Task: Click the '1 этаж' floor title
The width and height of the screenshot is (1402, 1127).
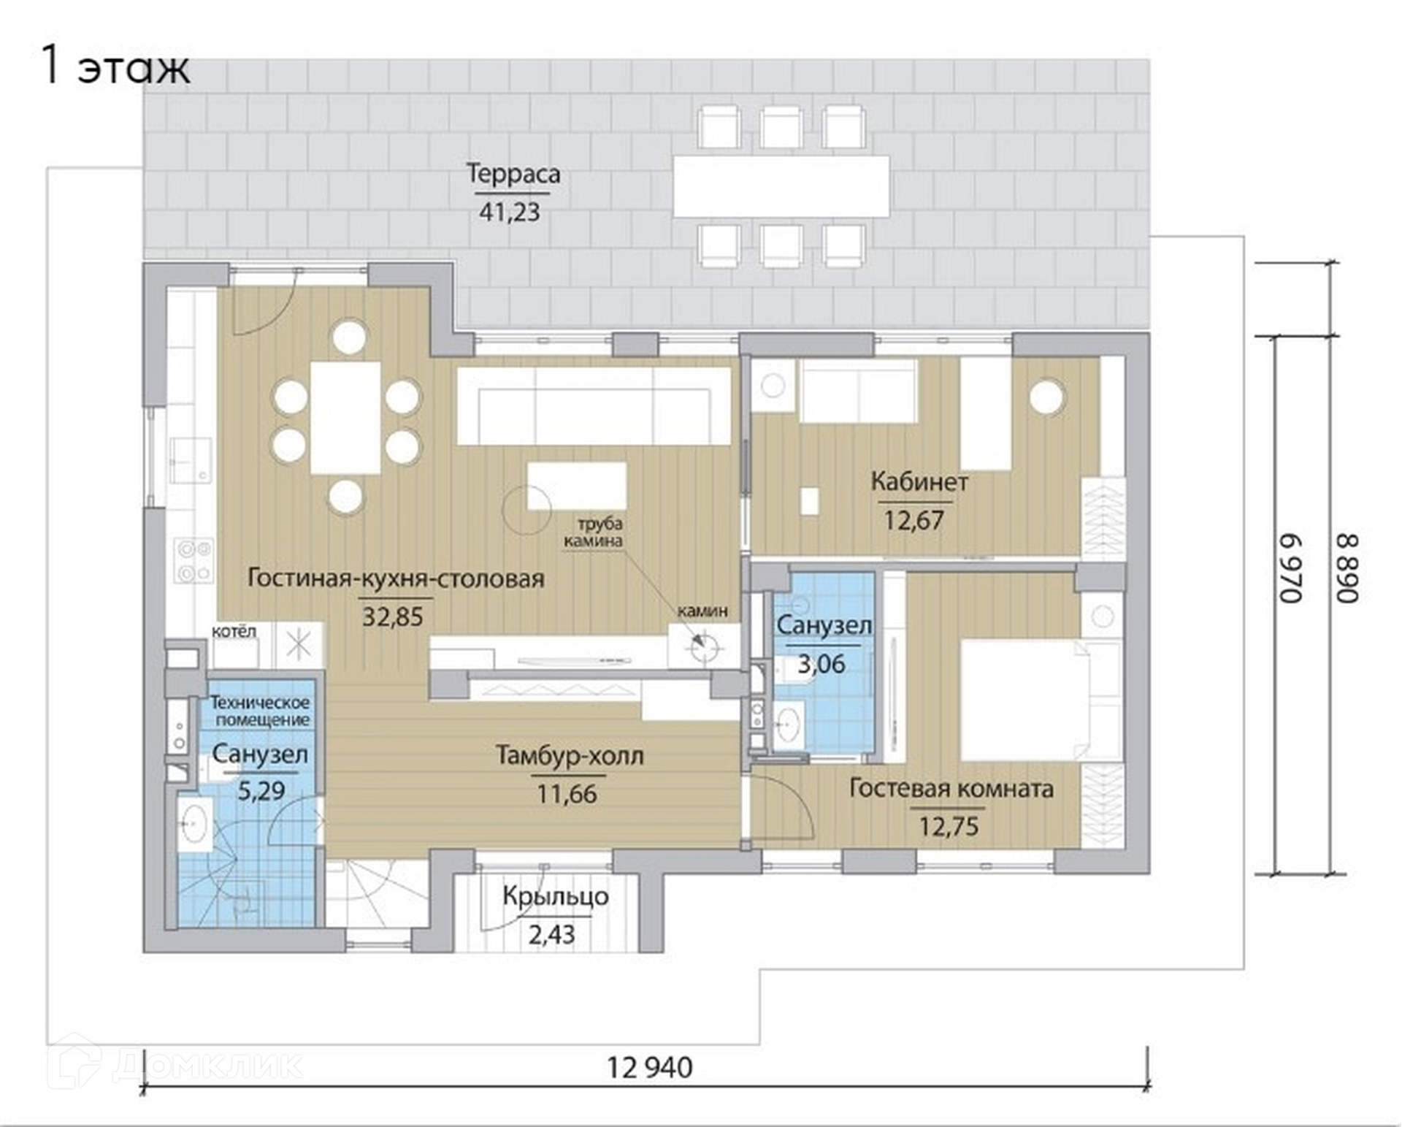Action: coord(115,66)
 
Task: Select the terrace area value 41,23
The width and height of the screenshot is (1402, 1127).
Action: coord(510,213)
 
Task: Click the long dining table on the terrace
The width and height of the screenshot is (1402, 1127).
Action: coord(781,186)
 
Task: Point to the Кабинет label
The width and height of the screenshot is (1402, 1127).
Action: coord(919,482)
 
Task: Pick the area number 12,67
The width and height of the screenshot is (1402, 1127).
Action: coord(914,521)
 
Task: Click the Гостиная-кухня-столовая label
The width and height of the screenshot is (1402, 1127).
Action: coord(396,578)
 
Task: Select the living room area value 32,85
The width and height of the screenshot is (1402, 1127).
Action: coord(393,617)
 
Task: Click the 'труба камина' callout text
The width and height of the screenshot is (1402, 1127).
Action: coord(592,532)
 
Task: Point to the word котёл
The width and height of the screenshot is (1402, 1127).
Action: coord(234,632)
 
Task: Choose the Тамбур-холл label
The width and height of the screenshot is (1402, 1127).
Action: coord(570,756)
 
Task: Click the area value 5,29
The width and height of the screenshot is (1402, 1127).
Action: coord(261,790)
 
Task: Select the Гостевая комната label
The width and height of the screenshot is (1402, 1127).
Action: coord(951,790)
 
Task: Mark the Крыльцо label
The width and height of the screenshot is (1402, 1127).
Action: coord(555,897)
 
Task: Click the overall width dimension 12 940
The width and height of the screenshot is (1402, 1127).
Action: coord(650,1069)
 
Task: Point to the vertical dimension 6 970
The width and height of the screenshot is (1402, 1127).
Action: coord(1291,568)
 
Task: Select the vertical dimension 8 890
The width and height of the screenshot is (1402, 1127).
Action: coord(1348,568)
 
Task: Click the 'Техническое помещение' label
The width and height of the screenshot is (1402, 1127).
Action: coord(260,711)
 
